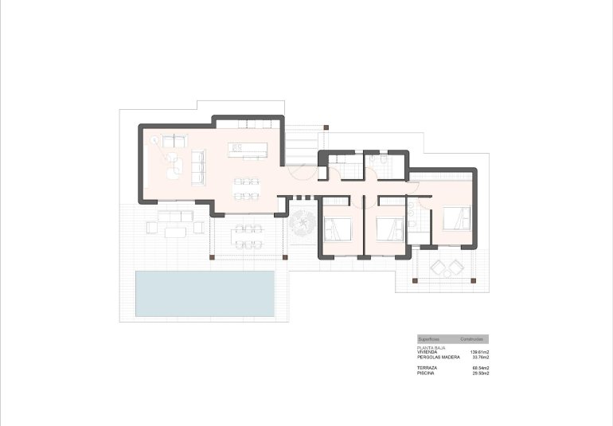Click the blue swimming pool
205,291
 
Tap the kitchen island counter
247,149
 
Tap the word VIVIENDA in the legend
428,353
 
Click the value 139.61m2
479,353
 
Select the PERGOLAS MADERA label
435,358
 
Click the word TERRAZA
427,368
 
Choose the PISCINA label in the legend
425,373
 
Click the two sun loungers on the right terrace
446,268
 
